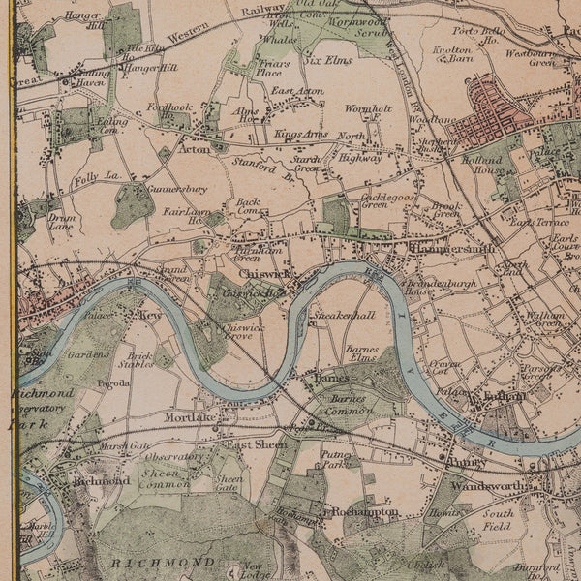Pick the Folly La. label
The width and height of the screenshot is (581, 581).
point(97,177)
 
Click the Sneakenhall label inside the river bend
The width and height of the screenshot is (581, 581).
point(343,317)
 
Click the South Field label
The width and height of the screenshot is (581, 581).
point(498,520)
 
